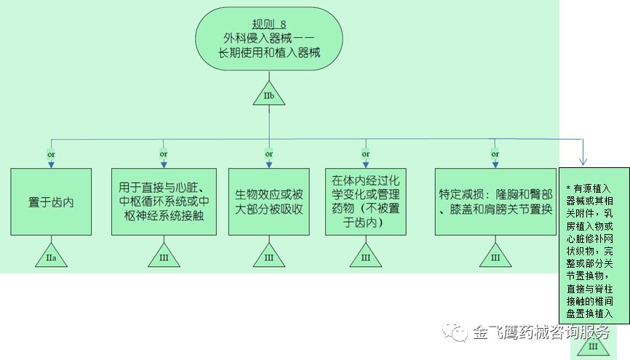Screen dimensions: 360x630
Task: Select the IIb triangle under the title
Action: pyautogui.click(x=268, y=95)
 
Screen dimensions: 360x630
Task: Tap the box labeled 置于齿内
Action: pyautogui.click(x=51, y=201)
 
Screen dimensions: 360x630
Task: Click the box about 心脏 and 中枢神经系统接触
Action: pyautogui.click(x=164, y=201)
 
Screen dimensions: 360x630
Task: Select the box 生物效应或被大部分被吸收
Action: pyautogui.click(x=269, y=201)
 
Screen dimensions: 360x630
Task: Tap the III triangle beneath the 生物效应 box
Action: pyautogui.click(x=269, y=257)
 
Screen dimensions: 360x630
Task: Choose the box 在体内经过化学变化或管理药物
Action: pyautogui.click(x=366, y=201)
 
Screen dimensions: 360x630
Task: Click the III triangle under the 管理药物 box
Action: pyautogui.click(x=366, y=257)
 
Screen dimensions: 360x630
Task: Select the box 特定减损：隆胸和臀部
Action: pyautogui.click(x=495, y=201)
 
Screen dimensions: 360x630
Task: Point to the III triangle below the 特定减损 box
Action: pyautogui.click(x=495, y=257)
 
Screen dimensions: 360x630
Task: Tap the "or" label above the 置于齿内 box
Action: pyautogui.click(x=51, y=154)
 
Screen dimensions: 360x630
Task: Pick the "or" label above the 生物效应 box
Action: pyautogui.click(x=269, y=154)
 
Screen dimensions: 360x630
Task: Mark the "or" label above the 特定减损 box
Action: pyautogui.click(x=495, y=154)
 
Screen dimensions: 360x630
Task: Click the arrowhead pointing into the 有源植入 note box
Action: pyautogui.click(x=583, y=161)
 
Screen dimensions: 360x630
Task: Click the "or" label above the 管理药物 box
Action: pyautogui.click(x=366, y=154)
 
